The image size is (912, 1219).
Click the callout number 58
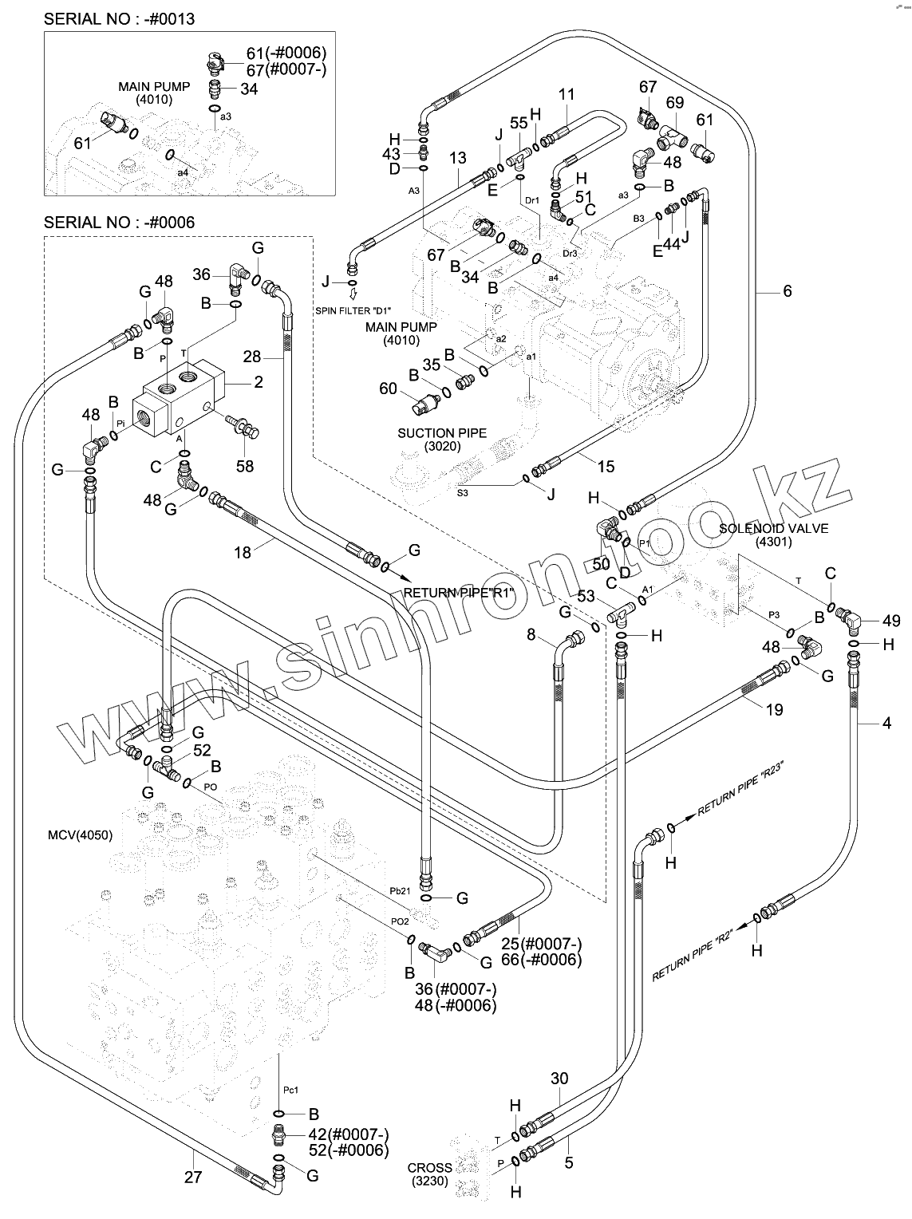(244, 465)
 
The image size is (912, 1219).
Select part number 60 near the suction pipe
(388, 389)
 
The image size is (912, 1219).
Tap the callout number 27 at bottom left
(193, 1175)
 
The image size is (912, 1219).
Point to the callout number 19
(774, 709)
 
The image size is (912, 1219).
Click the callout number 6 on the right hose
(787, 292)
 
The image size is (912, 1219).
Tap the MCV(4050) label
(80, 835)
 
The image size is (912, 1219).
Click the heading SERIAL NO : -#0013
(119, 18)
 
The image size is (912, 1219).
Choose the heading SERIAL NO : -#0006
(119, 222)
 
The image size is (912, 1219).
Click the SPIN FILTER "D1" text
(354, 310)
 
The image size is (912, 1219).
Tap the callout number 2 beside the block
(258, 382)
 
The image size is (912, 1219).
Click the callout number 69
(675, 102)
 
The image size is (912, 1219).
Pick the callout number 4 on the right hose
(886, 724)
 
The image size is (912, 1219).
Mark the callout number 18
(243, 551)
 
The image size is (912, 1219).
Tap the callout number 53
(586, 596)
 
